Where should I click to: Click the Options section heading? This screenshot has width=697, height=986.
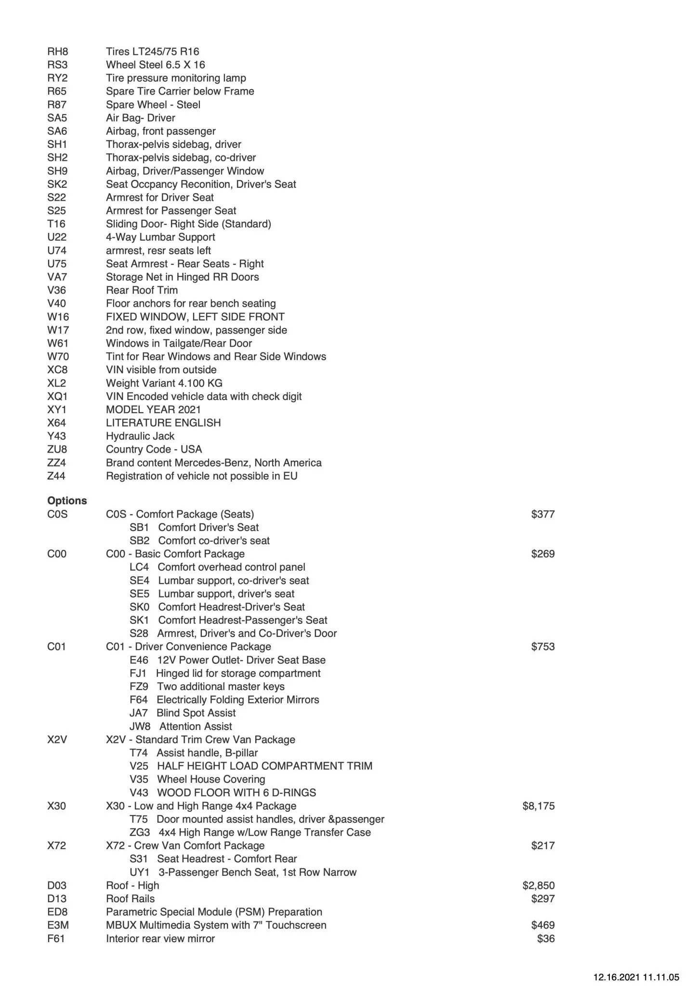tap(67, 501)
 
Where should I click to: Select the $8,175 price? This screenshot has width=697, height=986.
tap(538, 806)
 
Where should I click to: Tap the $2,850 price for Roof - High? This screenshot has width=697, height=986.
tap(538, 885)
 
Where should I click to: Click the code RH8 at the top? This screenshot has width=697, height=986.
tap(58, 52)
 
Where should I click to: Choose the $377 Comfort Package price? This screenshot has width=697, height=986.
tap(543, 514)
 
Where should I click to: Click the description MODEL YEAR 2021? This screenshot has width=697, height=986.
tap(153, 410)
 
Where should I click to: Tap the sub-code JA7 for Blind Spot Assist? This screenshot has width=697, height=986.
tap(138, 713)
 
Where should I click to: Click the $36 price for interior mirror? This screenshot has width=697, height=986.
tap(546, 938)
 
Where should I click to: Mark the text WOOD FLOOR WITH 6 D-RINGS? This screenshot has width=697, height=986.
tap(237, 792)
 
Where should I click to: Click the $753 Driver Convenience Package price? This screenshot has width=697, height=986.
tap(543, 647)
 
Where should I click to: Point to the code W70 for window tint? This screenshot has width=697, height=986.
tap(58, 357)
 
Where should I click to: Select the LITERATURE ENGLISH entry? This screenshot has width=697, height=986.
tap(163, 423)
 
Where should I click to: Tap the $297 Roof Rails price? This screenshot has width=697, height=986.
tap(543, 898)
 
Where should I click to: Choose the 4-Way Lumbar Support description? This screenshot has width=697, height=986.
tap(160, 237)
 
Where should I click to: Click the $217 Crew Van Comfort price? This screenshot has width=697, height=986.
tap(543, 845)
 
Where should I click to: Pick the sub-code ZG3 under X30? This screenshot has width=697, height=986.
tap(140, 832)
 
